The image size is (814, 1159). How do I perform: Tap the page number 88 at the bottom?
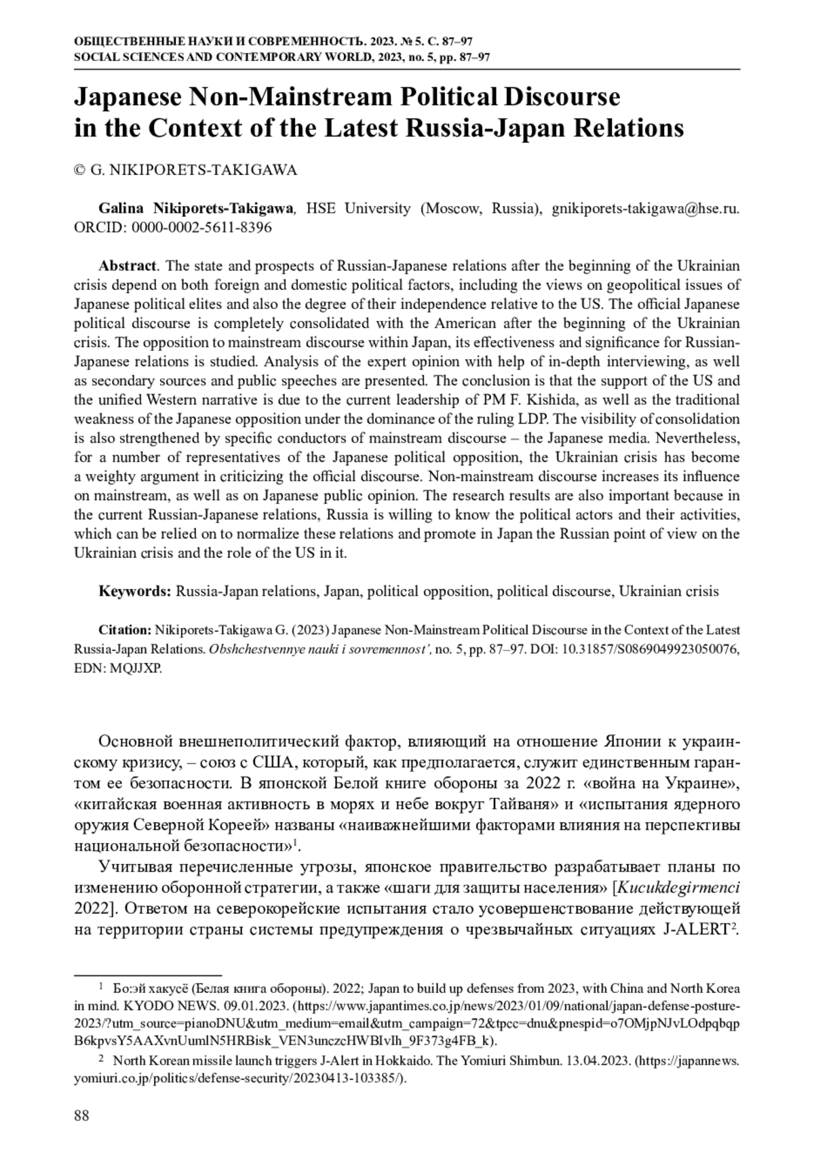(x=81, y=1116)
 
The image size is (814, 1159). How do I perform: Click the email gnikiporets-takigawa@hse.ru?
(x=645, y=208)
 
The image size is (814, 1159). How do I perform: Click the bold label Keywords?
(x=135, y=591)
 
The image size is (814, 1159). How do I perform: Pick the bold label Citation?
(x=125, y=630)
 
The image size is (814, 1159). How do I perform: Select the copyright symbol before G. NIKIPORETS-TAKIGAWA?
(x=79, y=170)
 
